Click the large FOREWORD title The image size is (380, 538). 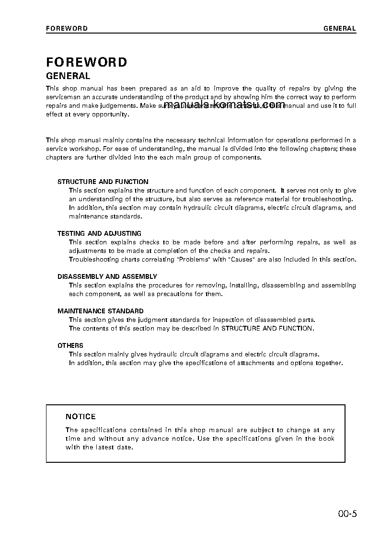click(87, 62)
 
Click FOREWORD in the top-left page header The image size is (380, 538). click(67, 28)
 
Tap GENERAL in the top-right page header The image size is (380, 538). click(340, 28)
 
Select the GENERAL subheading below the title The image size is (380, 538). click(68, 76)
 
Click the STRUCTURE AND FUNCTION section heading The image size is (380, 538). click(103, 182)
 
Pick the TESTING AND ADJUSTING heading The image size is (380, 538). click(99, 234)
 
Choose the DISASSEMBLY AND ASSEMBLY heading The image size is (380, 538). click(107, 277)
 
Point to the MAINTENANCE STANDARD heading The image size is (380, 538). click(101, 311)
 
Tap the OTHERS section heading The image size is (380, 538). click(70, 346)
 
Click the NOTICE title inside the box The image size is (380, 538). click(81, 417)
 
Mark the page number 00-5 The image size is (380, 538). click(347, 515)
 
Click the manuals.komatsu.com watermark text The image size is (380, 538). click(224, 105)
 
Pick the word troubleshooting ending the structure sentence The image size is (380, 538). click(328, 199)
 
